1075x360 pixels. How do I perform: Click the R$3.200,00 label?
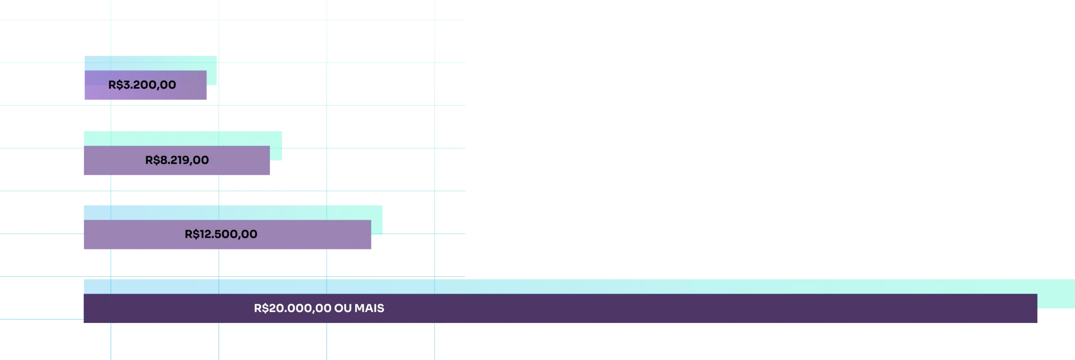(142, 85)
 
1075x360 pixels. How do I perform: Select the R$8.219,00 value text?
(177, 160)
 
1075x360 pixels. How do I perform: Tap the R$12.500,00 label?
(221, 234)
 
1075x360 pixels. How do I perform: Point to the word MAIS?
(369, 308)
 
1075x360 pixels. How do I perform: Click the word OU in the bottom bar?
(343, 308)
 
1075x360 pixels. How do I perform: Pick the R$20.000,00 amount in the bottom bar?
(293, 308)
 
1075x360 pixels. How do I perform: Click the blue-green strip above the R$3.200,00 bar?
(147, 63)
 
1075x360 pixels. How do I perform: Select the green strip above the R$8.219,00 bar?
(181, 138)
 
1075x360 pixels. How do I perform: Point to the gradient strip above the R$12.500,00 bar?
(231, 213)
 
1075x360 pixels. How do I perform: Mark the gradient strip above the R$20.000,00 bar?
(546, 286)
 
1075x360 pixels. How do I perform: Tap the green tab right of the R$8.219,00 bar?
(277, 153)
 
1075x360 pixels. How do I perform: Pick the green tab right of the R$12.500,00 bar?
(378, 227)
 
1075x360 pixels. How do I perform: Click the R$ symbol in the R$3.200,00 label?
(115, 85)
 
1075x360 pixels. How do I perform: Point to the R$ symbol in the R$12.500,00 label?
(192, 234)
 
